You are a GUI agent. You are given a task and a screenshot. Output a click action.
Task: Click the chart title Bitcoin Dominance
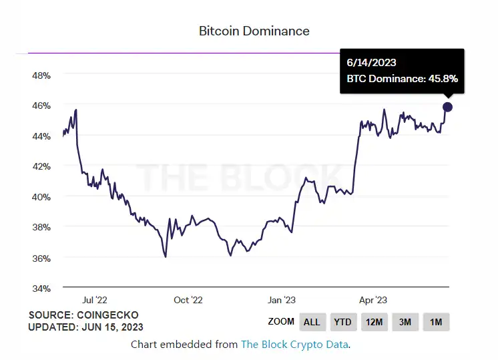click(254, 31)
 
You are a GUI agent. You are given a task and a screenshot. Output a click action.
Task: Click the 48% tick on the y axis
click(41, 75)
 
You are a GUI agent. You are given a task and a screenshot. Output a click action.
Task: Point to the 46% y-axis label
click(41, 106)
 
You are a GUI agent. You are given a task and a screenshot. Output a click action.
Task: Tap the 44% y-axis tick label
click(41, 136)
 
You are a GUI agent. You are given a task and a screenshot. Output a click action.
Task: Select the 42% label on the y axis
click(41, 166)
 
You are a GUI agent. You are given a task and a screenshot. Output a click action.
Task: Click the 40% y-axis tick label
click(41, 197)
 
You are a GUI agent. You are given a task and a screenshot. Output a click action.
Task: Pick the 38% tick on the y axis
click(41, 227)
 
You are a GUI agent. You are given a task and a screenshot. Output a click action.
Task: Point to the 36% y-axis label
click(41, 258)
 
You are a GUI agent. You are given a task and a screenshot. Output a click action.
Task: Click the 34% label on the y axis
click(41, 289)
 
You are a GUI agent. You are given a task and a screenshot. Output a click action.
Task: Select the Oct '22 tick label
click(188, 301)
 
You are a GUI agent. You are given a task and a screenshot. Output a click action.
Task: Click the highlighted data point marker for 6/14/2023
click(447, 107)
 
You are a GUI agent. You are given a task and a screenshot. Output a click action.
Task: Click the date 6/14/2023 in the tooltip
click(372, 63)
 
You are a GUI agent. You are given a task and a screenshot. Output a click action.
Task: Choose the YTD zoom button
click(342, 322)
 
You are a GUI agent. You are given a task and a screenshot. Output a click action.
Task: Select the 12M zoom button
click(374, 322)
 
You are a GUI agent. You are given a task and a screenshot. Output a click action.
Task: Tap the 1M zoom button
click(436, 322)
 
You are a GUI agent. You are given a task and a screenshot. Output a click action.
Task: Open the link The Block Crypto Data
click(294, 345)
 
